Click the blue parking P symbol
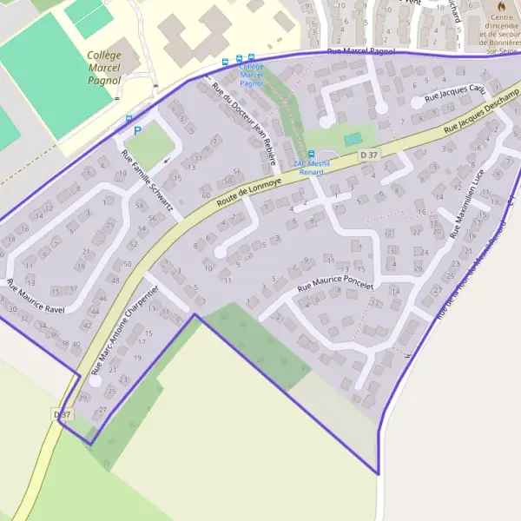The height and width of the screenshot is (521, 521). [x=136, y=131]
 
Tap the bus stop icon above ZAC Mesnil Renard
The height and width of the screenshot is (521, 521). [x=312, y=154]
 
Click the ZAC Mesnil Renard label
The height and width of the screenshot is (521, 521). [x=311, y=168]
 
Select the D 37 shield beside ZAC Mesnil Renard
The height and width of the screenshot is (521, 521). [x=368, y=155]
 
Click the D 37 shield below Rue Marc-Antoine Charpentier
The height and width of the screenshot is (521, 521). [x=63, y=415]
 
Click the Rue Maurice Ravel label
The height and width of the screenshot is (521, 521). [x=36, y=296]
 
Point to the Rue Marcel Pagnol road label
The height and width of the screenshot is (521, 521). [x=360, y=52]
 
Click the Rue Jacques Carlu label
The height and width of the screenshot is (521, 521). [x=454, y=92]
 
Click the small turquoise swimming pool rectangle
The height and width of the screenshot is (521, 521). [x=352, y=139]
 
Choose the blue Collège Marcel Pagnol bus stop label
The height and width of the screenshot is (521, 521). [x=251, y=76]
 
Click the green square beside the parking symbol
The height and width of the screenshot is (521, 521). [x=150, y=145]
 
